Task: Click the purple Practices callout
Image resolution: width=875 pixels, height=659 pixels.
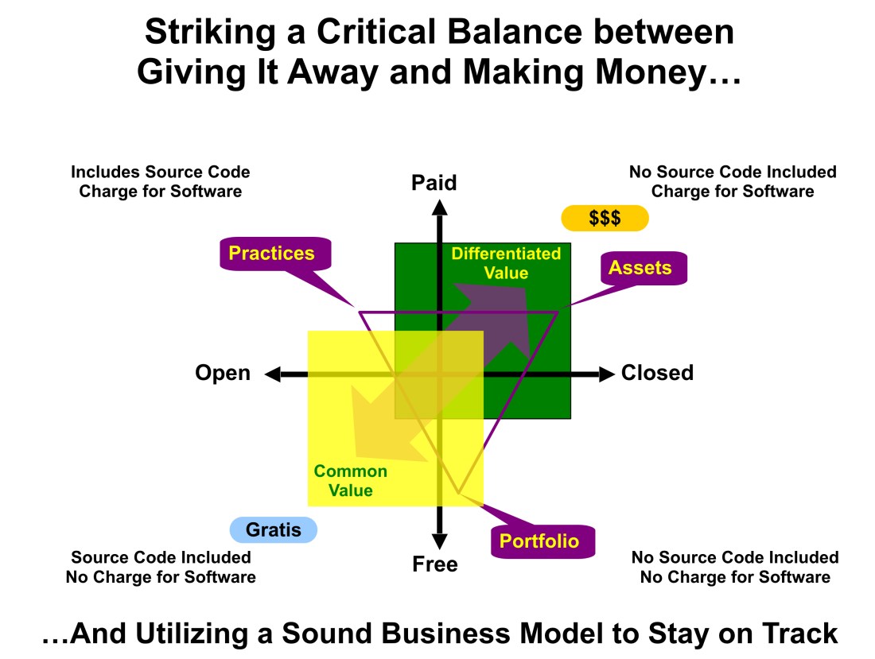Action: pyautogui.click(x=272, y=254)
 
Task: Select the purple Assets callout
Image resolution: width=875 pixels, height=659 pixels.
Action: pyautogui.click(x=640, y=268)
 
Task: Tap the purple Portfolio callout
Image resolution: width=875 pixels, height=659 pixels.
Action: pyautogui.click(x=539, y=542)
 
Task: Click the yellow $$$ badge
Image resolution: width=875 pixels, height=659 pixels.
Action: pyautogui.click(x=605, y=218)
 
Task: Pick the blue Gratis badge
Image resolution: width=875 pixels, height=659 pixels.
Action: pyautogui.click(x=273, y=529)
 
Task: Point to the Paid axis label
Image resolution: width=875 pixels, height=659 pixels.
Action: pyautogui.click(x=434, y=183)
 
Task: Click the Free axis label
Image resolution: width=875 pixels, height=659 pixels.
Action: pyautogui.click(x=435, y=564)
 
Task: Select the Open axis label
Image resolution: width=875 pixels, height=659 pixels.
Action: pyautogui.click(x=223, y=373)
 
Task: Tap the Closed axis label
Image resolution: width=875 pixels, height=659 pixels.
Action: pyautogui.click(x=657, y=373)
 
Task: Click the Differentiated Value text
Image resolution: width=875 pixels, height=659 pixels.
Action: pyautogui.click(x=506, y=263)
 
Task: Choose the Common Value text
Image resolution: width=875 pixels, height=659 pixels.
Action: pyautogui.click(x=351, y=481)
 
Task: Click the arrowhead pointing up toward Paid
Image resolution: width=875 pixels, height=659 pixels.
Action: pyautogui.click(x=438, y=206)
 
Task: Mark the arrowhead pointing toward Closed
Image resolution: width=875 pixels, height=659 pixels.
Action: pyautogui.click(x=606, y=374)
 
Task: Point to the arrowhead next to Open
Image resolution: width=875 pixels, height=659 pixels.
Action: pyautogui.click(x=273, y=374)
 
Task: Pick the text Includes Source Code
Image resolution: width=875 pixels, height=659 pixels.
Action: pyautogui.click(x=161, y=172)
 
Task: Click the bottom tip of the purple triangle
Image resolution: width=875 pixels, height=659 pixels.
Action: pyautogui.click(x=459, y=494)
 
